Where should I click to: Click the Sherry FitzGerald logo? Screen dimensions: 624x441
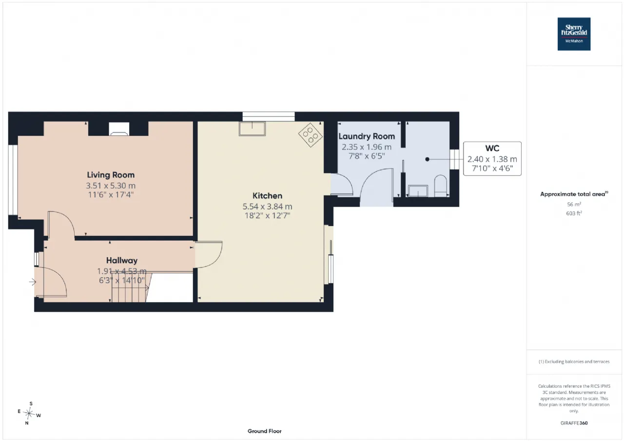pos(574,34)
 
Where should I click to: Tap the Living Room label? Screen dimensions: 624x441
pos(111,175)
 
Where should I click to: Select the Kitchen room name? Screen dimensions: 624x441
pos(268,196)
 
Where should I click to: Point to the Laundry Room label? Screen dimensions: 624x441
pos(367,136)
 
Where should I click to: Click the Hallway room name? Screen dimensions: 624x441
pos(122,261)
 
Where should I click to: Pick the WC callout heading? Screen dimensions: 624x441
pos(492,149)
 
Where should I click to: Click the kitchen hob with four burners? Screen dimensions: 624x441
pos(311,135)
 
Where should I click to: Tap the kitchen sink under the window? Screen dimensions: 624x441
pos(252,129)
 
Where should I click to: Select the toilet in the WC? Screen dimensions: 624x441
pos(440,186)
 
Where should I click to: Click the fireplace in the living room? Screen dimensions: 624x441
pos(119,129)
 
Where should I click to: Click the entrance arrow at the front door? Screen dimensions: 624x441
pos(33,282)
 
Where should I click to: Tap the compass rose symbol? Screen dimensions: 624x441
pos(29,413)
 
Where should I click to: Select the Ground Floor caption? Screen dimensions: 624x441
pos(264,431)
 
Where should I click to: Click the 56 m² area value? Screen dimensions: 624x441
pos(574,204)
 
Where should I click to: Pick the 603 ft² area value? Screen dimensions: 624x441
pos(574,213)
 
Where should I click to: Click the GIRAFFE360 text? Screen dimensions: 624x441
pos(574,423)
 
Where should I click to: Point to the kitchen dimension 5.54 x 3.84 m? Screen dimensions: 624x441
pos(268,207)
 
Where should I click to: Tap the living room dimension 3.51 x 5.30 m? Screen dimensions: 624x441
pos(111,186)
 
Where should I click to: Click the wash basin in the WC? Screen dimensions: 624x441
pos(418,191)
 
